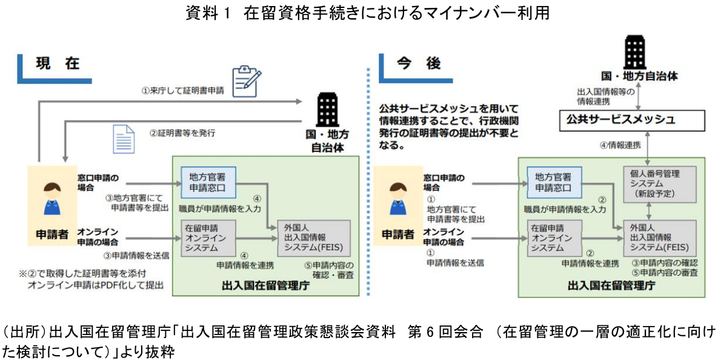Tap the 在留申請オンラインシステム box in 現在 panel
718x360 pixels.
tap(208, 238)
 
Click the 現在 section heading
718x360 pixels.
tap(58, 64)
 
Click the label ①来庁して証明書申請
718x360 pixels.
tap(182, 91)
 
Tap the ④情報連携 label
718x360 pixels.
tap(620, 146)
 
